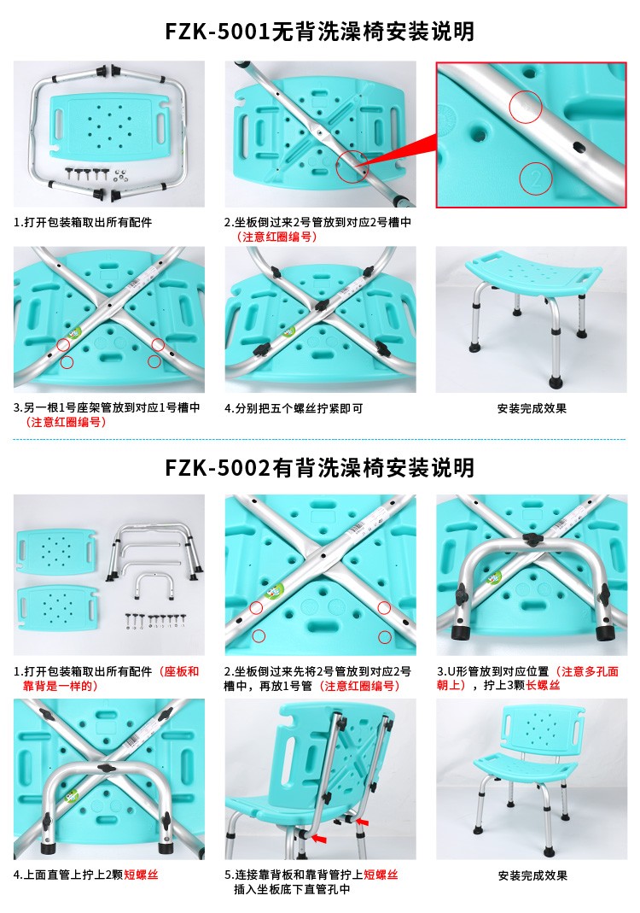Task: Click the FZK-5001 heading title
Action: coord(319,32)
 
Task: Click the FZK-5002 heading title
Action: coord(319,467)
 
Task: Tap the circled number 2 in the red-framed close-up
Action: coord(536,178)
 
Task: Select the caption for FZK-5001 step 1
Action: coord(83,222)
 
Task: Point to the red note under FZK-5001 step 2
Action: coord(276,237)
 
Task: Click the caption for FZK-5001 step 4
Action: coord(294,409)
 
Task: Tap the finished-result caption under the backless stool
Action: coord(532,409)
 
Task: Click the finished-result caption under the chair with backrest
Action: coord(532,875)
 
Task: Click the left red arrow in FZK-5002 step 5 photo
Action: coord(319,838)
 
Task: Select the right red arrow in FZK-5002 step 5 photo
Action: coord(363,822)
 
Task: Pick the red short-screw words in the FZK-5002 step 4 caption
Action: coord(141,875)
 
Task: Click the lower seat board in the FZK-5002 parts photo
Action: coord(57,608)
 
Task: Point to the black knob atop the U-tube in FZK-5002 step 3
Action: coord(532,538)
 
